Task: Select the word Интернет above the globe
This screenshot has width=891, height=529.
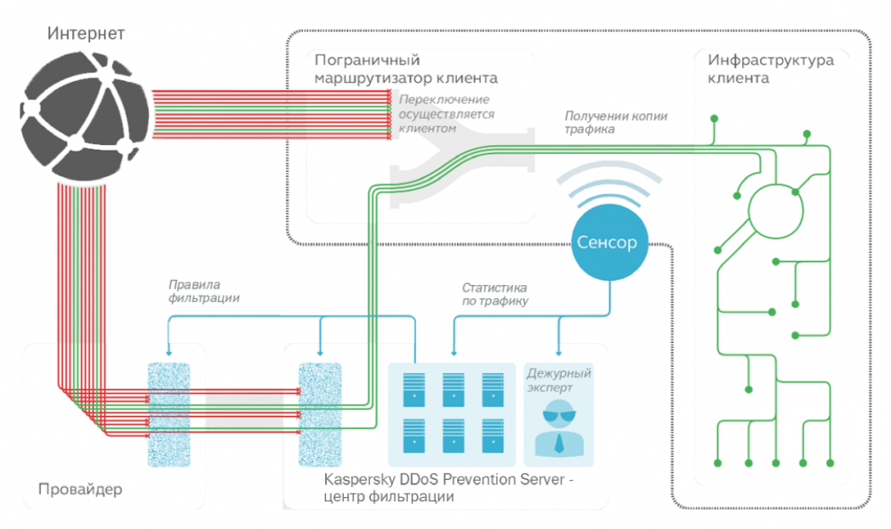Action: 86,34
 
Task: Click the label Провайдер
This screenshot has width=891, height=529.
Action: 79,489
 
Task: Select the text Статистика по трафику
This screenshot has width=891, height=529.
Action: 495,294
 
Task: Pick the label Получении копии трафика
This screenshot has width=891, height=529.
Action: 616,123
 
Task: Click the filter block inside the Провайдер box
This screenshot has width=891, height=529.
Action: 168,413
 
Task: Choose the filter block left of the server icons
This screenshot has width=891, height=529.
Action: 318,413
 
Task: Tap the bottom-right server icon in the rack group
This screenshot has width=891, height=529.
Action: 493,435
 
